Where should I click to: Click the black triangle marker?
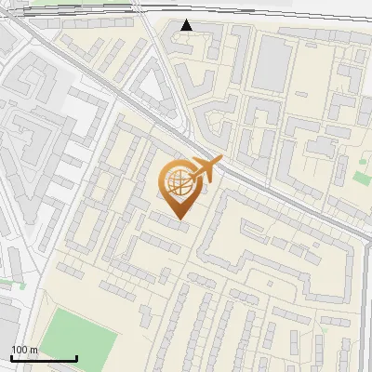pos(187,25)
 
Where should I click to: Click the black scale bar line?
pos(44,358)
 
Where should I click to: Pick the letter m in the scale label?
pos(33,351)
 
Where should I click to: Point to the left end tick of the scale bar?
pos(11,356)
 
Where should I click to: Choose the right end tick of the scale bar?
pos(76,356)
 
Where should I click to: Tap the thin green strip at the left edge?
pos(7,283)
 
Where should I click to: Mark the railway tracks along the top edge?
pos(260,18)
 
